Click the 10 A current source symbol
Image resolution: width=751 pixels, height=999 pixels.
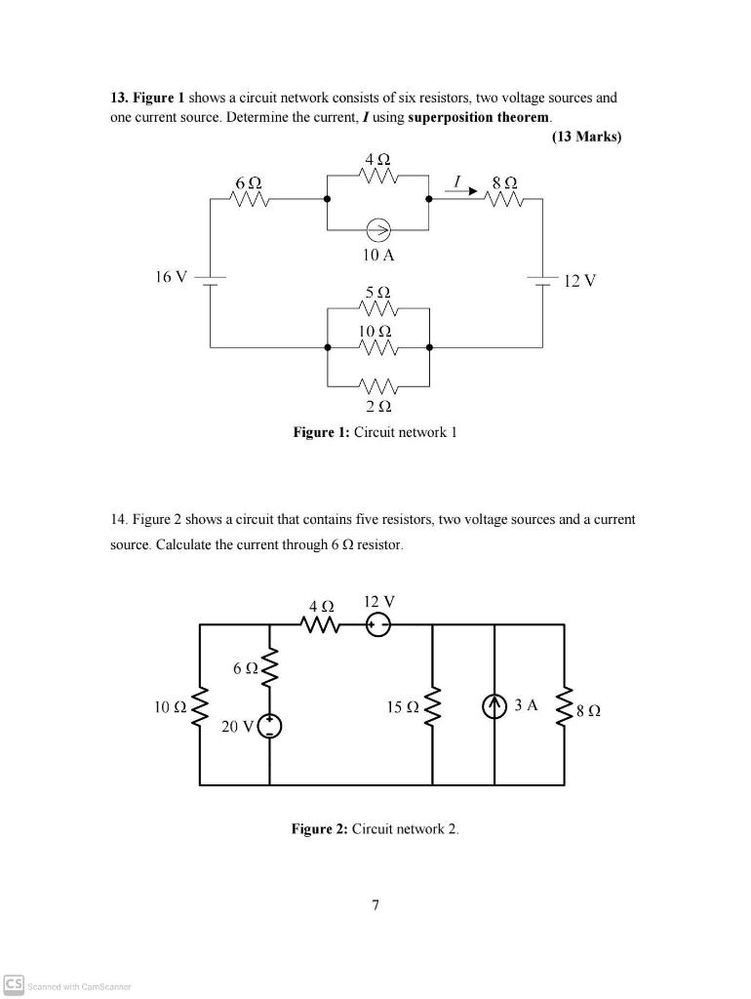(377, 231)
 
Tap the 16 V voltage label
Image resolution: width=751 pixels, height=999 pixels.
(171, 277)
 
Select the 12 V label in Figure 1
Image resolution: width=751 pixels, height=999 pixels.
(579, 281)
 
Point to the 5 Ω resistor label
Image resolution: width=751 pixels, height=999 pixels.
(377, 293)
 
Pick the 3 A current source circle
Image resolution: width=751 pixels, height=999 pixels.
(494, 705)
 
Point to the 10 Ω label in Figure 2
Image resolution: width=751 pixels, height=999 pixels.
(169, 705)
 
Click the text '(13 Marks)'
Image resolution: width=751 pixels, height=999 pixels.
(586, 137)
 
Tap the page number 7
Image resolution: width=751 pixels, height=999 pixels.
(375, 905)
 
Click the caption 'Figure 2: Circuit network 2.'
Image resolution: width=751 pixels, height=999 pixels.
(375, 829)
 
